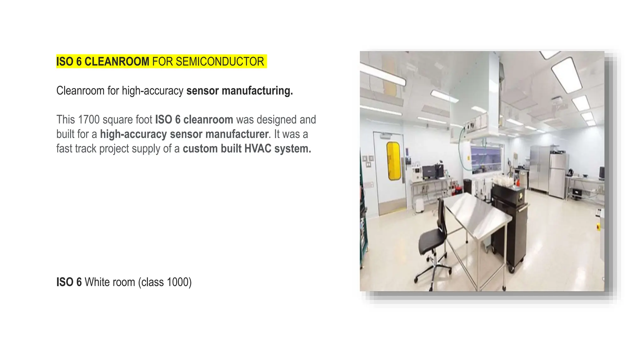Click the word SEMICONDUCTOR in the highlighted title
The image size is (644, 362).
tap(220, 62)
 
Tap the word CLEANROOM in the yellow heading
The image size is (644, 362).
tap(117, 62)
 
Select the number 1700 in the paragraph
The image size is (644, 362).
tap(89, 120)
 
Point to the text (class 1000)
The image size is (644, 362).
tap(165, 282)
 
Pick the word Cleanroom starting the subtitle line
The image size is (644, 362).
tap(80, 91)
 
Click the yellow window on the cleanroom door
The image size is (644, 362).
tap(393, 161)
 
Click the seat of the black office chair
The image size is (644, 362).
tap(432, 240)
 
